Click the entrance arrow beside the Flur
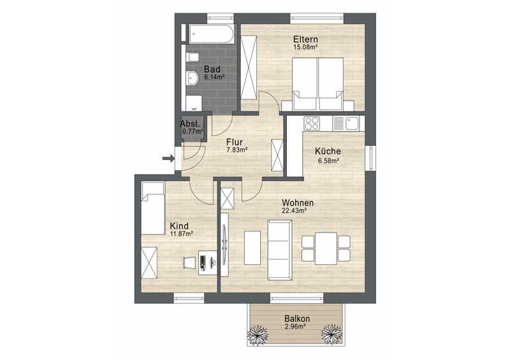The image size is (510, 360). click(x=168, y=159)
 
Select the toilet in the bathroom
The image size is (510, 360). click(x=193, y=57)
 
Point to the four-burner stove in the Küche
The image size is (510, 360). click(x=312, y=123)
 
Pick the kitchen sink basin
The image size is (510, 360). click(x=352, y=123)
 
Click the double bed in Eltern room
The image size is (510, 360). click(x=318, y=84)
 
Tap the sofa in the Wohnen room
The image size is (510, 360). click(x=279, y=250)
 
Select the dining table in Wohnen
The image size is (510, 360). click(x=326, y=248)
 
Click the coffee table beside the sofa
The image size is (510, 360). click(x=252, y=248)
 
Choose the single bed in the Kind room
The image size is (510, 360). click(x=153, y=208)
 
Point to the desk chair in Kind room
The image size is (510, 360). click(x=189, y=262)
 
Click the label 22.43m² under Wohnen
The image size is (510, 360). click(x=295, y=210)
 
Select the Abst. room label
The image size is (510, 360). click(x=190, y=124)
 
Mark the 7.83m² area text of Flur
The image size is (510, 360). click(x=237, y=150)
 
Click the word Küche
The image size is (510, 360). click(x=328, y=151)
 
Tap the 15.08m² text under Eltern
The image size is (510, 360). click(x=305, y=47)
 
